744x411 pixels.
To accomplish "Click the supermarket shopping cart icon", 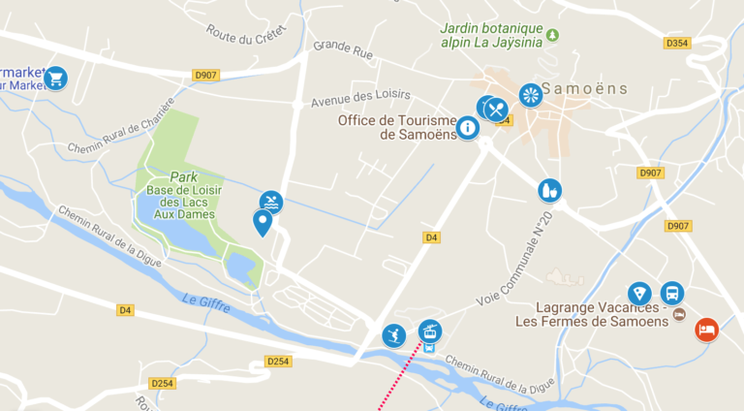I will (55, 77).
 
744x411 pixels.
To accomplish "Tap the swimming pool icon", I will (271, 202).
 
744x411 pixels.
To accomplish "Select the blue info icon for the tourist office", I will (467, 127).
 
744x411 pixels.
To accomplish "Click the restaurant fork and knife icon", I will (496, 109).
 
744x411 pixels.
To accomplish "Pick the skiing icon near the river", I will (392, 335).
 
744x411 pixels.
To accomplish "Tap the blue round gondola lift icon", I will (429, 331).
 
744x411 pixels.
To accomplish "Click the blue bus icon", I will (671, 293).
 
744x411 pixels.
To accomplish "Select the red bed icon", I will (707, 330).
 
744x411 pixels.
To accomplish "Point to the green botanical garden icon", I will (552, 35).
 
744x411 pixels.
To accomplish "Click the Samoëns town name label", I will (584, 89).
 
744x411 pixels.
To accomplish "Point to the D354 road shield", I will (677, 44).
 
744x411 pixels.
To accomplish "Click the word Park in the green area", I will (183, 177).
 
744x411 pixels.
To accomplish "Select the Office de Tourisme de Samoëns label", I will (397, 127).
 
